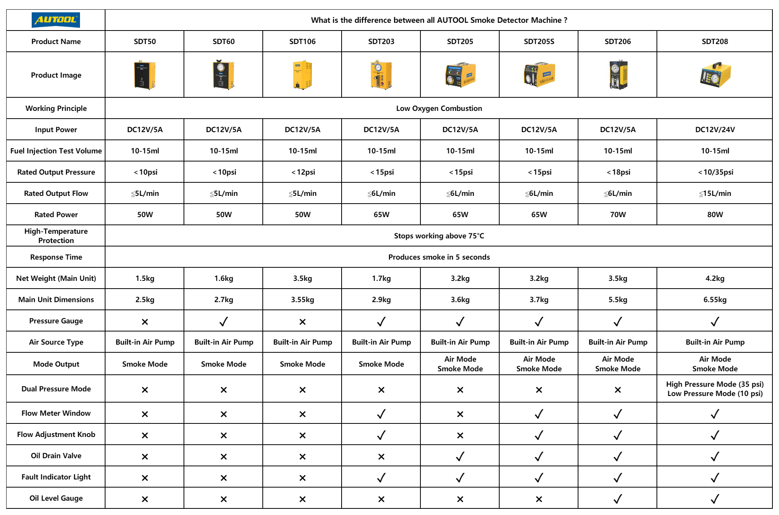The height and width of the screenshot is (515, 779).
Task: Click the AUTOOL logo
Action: [56, 20]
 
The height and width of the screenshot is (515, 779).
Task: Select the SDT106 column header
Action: [302, 41]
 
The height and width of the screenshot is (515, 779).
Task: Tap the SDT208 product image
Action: [715, 75]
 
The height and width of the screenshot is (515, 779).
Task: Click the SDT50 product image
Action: [145, 75]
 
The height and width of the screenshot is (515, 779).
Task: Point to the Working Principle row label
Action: [56, 108]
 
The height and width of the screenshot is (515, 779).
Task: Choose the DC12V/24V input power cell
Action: [715, 129]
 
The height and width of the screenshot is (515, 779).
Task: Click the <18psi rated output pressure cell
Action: [618, 172]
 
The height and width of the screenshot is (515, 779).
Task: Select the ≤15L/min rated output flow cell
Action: [715, 193]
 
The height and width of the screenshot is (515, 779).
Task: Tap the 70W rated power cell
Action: [618, 214]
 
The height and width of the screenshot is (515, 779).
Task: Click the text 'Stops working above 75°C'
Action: [439, 236]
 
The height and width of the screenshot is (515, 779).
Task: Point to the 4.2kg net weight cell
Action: [715, 278]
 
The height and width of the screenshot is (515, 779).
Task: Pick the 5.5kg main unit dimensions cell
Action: [618, 299]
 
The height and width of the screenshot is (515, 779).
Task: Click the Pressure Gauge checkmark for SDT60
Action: [224, 321]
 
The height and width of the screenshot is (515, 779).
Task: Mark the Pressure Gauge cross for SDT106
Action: [303, 321]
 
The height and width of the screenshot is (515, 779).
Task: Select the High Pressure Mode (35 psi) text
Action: [715, 384]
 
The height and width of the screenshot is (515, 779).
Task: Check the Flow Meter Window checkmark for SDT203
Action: [381, 414]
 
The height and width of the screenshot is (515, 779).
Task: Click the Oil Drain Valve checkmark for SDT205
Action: [460, 456]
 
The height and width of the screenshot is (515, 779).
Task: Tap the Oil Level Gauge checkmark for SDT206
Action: [618, 499]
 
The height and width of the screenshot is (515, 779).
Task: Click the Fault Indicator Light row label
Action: [56, 477]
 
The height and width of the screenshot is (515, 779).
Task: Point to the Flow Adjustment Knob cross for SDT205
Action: [460, 435]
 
